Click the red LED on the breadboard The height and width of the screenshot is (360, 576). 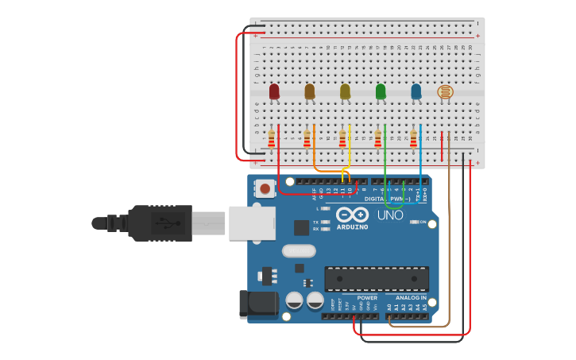[x=274, y=91]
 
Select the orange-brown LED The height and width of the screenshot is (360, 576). [x=310, y=91]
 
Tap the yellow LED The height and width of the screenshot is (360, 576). [x=345, y=91]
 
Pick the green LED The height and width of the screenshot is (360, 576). [x=381, y=91]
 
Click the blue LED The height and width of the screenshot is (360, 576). [x=416, y=91]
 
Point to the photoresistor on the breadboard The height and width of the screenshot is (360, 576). [x=446, y=92]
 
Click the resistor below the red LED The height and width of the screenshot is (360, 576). [x=272, y=140]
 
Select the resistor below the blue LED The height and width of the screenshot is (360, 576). [x=413, y=139]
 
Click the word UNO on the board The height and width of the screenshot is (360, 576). [x=389, y=215]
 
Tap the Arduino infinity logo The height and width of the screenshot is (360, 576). [x=352, y=215]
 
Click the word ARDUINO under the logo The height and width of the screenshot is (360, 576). [x=352, y=227]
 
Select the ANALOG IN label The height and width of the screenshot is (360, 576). [x=411, y=297]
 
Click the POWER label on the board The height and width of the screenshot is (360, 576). [x=367, y=297]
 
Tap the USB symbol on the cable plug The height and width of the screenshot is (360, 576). [x=163, y=223]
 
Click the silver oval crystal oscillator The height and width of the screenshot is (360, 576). [x=299, y=251]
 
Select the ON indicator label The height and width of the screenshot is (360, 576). [x=423, y=222]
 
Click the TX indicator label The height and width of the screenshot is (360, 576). [x=315, y=222]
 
